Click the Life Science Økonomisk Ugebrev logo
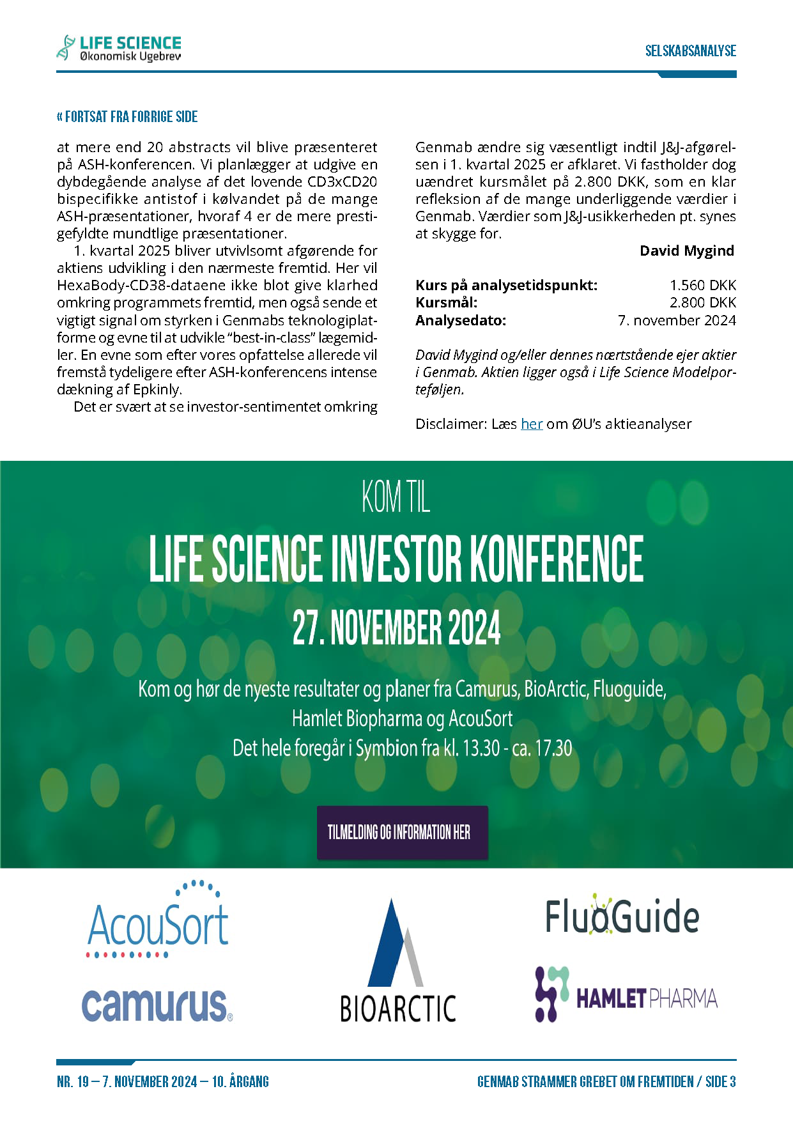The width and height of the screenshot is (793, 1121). (119, 48)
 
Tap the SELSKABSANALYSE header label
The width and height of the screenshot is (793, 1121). (690, 51)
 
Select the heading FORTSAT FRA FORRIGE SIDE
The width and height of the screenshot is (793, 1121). (127, 117)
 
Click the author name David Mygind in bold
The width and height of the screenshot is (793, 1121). (687, 251)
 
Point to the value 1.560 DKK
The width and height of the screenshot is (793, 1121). (703, 285)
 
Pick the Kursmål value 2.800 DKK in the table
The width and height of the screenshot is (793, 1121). (703, 302)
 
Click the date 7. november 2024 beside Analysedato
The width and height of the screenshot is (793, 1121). (677, 320)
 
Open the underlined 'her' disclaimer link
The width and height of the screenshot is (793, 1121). (532, 424)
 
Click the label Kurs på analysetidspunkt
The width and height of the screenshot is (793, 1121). (506, 285)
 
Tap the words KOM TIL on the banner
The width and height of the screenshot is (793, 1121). (396, 497)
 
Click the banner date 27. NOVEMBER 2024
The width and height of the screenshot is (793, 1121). (396, 628)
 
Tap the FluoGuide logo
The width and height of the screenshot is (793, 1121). (622, 915)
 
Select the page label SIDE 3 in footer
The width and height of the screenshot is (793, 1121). (720, 1081)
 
